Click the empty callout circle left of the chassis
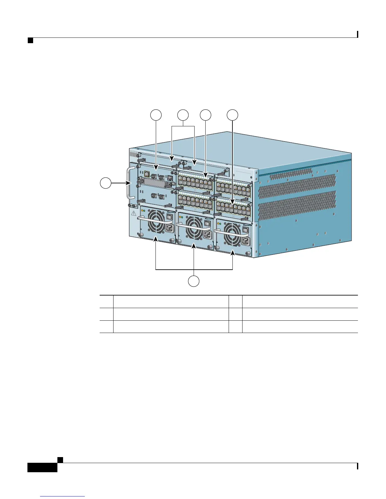pos(106,183)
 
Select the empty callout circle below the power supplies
pos(194,281)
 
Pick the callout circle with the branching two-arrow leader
pos(183,115)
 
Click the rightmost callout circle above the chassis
pos(233,115)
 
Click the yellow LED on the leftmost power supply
pos(142,210)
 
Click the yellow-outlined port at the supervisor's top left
pos(146,173)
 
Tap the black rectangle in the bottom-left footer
pos(42,467)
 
